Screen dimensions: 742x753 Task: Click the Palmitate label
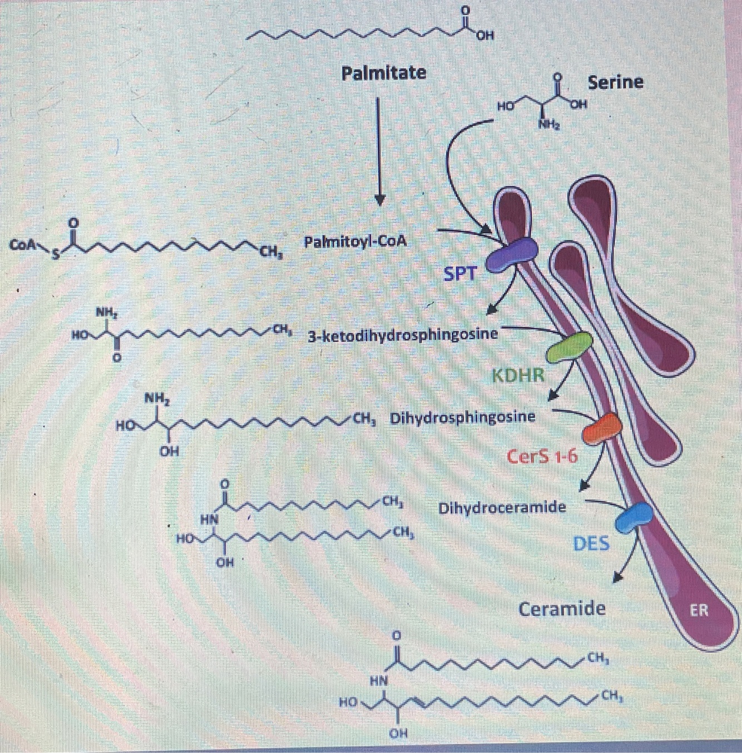coord(384,73)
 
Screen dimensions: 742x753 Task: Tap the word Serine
coord(615,82)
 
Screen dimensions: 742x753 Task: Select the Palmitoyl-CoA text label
coord(355,242)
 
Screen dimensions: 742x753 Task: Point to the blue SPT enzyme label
coord(460,273)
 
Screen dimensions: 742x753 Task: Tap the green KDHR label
coord(518,375)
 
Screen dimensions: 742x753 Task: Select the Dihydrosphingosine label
coord(463,417)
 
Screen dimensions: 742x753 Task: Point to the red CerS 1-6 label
coord(542,457)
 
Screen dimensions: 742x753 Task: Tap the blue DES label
coord(591,544)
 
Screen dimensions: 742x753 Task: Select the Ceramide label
coord(562,609)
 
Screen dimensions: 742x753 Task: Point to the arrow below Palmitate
coord(379,150)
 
